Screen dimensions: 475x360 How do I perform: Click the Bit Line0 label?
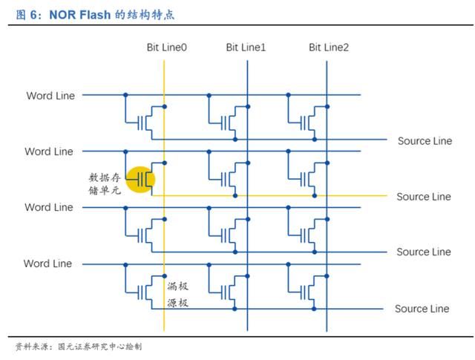(x=166, y=48)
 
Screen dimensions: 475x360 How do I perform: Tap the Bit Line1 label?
(x=246, y=48)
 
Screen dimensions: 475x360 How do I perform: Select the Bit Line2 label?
(x=329, y=48)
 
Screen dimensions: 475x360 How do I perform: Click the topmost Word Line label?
(x=50, y=96)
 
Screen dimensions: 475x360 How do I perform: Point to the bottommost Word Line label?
(x=47, y=264)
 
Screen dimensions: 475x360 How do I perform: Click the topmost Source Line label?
(x=425, y=141)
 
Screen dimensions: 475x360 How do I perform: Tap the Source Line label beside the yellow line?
(x=424, y=197)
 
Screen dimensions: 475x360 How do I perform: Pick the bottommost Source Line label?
(x=422, y=309)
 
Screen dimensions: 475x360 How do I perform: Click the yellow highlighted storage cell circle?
(x=140, y=180)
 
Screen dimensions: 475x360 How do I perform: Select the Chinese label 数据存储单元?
(x=105, y=184)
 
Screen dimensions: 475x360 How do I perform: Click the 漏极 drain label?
(x=178, y=286)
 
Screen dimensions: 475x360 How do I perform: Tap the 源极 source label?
(x=178, y=303)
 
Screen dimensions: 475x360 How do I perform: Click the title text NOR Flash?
(x=79, y=15)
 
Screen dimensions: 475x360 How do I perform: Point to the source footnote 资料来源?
(x=31, y=347)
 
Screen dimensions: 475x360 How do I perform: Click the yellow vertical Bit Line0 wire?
(x=164, y=196)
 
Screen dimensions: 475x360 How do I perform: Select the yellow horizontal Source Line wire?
(x=269, y=196)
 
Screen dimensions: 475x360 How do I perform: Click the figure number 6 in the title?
(x=33, y=15)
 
